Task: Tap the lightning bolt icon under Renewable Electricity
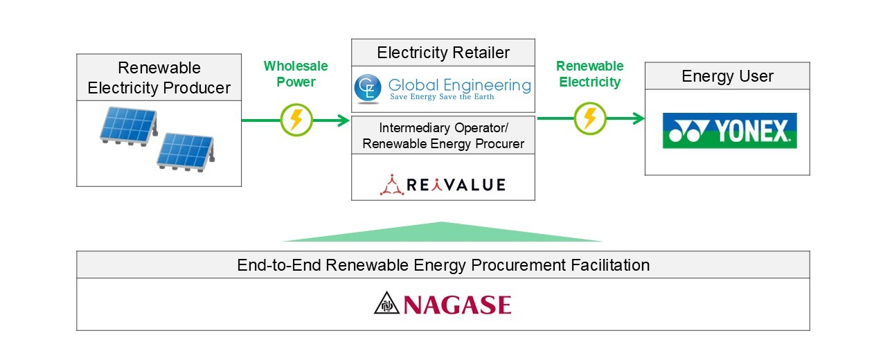(x=590, y=119)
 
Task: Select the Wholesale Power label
(x=296, y=74)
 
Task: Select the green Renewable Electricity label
(x=589, y=74)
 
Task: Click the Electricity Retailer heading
(x=443, y=53)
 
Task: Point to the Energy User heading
(x=727, y=76)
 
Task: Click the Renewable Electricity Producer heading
(x=159, y=78)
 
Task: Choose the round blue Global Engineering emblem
(x=366, y=88)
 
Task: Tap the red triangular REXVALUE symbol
(x=393, y=184)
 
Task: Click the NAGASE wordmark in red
(x=457, y=305)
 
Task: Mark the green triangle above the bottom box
(x=442, y=233)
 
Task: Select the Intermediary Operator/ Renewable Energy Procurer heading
(x=443, y=136)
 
